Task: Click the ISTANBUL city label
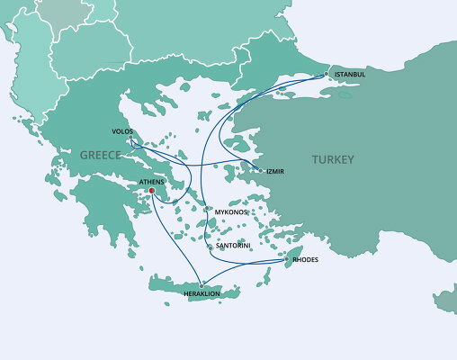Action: [349, 73]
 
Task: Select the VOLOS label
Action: [124, 130]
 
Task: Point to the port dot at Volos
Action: [131, 139]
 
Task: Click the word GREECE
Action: [101, 155]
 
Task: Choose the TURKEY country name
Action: [333, 159]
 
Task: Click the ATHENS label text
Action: [151, 181]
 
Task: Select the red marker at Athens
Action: [152, 190]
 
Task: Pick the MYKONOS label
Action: [231, 211]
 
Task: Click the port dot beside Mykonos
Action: [209, 210]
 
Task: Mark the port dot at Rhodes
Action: [287, 259]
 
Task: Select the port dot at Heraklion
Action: [201, 284]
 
